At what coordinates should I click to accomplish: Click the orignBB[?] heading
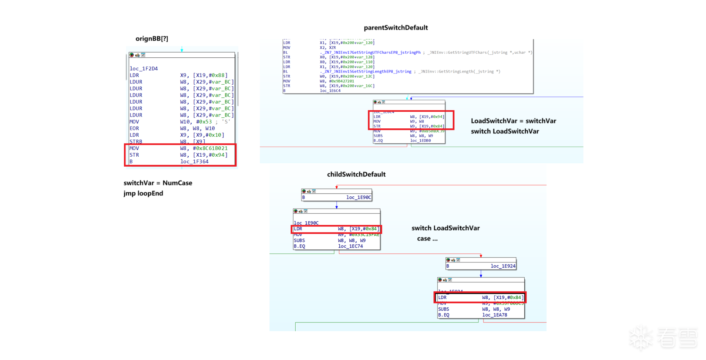151,39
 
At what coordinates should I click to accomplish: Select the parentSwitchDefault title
396,28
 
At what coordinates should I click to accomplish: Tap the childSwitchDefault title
356,174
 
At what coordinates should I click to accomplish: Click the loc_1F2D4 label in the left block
143,68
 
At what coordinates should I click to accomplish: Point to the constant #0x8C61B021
210,148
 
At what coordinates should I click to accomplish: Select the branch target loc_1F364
194,161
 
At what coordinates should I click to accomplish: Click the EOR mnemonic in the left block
134,128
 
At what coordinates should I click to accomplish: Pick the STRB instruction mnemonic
136,142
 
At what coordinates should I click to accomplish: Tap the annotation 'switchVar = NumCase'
158,183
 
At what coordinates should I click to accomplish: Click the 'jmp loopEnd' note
143,193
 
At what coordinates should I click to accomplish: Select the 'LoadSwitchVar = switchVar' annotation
513,121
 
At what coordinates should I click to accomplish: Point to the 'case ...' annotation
427,239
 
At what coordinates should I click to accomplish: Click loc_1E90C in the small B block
359,197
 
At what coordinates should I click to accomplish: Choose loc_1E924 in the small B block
503,266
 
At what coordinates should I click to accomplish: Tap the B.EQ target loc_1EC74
350,246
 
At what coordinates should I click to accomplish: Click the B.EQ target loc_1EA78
495,315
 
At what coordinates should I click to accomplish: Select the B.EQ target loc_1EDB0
420,140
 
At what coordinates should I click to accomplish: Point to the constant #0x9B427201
342,81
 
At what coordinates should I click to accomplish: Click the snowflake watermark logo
641,338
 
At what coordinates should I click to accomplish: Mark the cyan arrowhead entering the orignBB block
182,50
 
